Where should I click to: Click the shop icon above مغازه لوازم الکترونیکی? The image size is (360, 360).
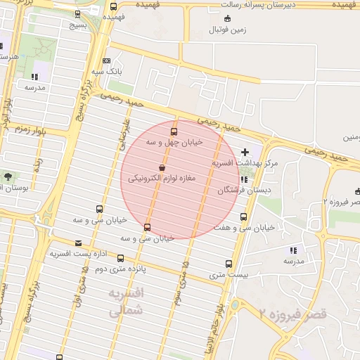(x=162, y=168)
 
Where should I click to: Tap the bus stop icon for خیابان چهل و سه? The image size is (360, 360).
(x=174, y=131)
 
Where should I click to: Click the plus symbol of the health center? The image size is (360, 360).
(x=245, y=152)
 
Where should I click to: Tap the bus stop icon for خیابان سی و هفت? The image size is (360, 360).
(x=244, y=217)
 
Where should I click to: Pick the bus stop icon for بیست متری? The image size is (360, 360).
(x=229, y=264)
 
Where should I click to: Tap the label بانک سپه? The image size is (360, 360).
(x=108, y=72)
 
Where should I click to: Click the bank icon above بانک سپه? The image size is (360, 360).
(x=106, y=60)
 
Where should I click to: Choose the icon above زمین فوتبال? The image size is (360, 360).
(x=226, y=19)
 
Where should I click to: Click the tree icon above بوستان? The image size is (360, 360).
(x=8, y=176)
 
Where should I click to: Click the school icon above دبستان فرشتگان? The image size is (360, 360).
(x=243, y=179)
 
